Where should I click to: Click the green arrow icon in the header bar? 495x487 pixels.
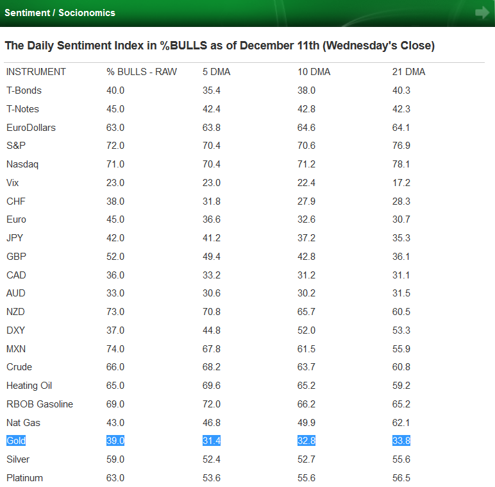482,13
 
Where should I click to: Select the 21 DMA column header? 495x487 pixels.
408,72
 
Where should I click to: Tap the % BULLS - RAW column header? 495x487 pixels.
141,72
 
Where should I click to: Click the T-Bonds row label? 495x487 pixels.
24,90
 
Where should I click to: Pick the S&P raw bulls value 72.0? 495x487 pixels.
115,146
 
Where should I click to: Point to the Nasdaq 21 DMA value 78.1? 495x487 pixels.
401,164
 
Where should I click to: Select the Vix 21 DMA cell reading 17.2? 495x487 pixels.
401,183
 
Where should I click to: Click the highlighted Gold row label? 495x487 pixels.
16,441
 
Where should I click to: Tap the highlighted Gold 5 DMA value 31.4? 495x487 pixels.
212,441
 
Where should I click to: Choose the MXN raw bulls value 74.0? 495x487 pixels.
115,349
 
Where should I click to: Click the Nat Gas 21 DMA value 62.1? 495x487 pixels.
401,423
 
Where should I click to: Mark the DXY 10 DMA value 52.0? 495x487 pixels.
306,330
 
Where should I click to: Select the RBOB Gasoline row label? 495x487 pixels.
40,404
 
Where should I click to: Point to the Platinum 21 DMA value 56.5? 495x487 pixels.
401,478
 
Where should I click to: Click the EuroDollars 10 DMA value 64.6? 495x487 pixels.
306,128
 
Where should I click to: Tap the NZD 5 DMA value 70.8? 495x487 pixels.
212,312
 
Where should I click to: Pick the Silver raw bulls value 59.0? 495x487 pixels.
115,459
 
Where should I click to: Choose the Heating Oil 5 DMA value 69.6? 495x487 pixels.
212,386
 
